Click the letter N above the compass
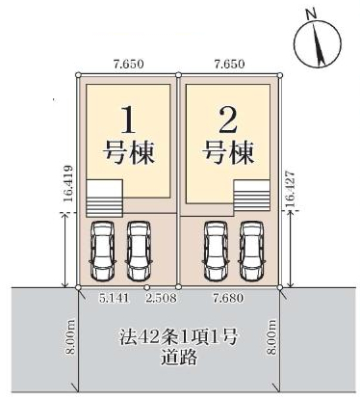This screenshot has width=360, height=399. coord(310,14)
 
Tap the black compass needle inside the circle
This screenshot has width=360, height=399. coord(319,45)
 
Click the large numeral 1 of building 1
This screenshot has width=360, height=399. coord(129,120)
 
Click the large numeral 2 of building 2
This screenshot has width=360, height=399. coord(227,120)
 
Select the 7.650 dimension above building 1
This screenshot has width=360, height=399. coord(128,64)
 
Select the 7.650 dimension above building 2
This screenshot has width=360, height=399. coord(230,64)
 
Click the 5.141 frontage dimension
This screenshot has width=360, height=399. coord(115,298)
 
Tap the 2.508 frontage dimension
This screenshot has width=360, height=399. coord(161,298)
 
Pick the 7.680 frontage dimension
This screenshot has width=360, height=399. coord(228,298)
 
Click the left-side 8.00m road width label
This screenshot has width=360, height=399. coord(70,337)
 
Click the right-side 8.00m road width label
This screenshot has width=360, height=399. coord(272,337)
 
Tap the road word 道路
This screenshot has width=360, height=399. coord(179,358)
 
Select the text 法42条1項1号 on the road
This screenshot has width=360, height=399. coord(179,337)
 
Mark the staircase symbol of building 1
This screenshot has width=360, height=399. coord(104,199)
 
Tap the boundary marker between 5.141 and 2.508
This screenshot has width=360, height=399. coord(147,287)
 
